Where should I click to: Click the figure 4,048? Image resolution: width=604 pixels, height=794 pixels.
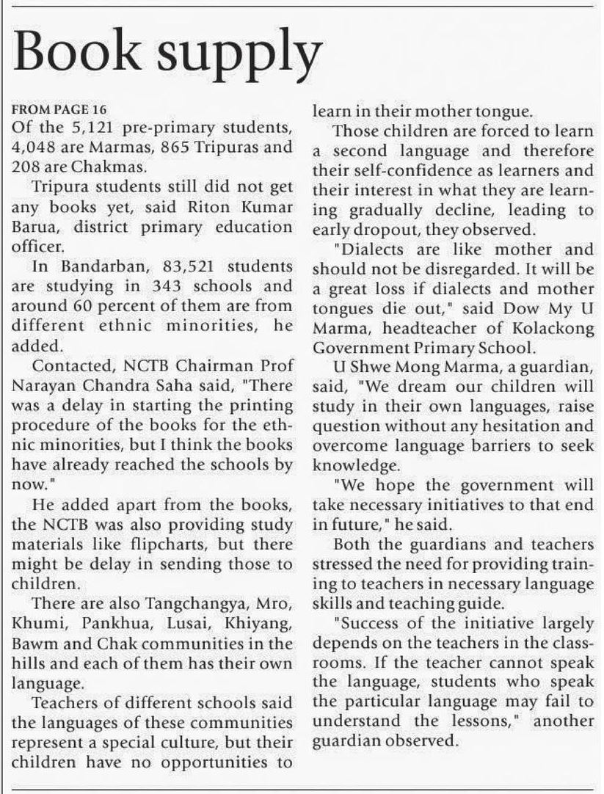pos(36,145)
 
